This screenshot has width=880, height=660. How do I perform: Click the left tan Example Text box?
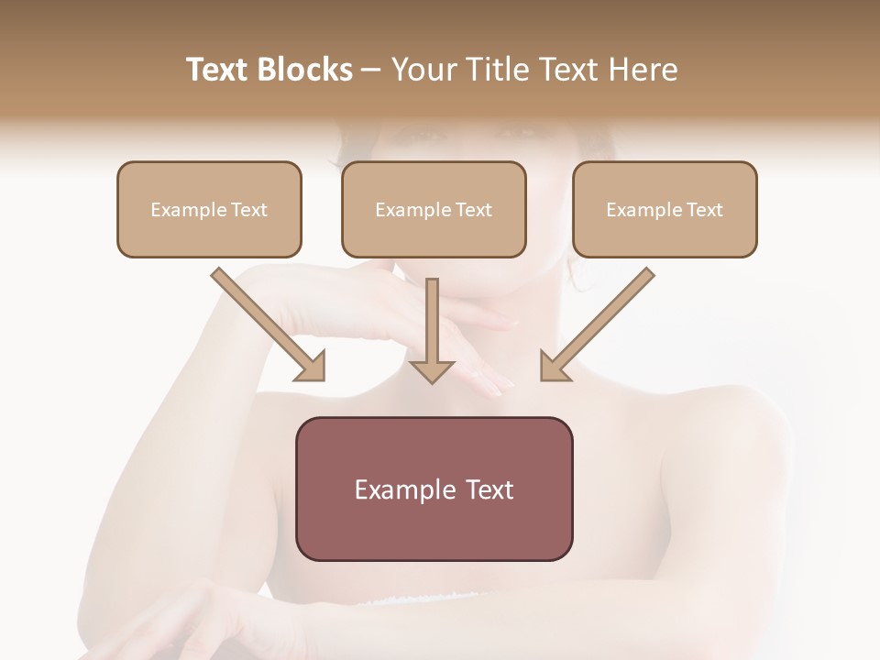point(209,209)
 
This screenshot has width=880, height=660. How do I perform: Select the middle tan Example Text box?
point(434,209)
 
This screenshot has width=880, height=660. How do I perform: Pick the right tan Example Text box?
point(665,209)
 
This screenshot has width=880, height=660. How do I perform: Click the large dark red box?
point(434,489)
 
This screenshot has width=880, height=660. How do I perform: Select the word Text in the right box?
point(704,210)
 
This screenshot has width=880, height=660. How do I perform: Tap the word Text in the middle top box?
point(473,210)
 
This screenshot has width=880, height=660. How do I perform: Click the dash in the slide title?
point(371,70)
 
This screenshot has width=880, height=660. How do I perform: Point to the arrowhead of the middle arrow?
point(432,370)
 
